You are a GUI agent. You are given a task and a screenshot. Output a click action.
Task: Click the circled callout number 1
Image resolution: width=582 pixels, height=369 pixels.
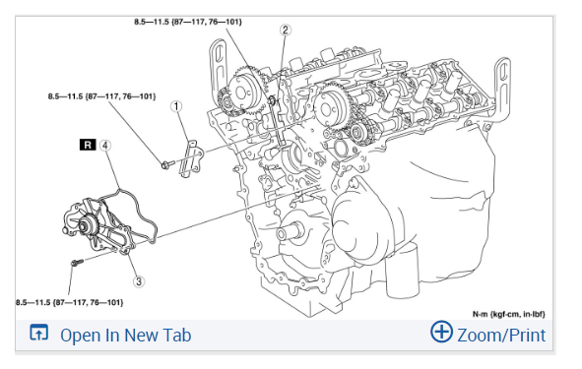point(176,106)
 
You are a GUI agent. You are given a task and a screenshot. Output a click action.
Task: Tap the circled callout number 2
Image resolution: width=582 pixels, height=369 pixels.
point(285,31)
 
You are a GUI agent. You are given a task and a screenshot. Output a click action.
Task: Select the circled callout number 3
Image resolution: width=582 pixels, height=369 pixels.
point(139,281)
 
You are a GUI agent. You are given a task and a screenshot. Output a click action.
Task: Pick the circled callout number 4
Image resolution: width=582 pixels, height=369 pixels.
point(105,145)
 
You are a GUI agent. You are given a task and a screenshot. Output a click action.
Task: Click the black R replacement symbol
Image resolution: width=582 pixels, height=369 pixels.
point(88,145)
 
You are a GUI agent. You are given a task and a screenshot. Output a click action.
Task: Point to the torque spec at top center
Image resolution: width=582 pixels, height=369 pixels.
point(188,22)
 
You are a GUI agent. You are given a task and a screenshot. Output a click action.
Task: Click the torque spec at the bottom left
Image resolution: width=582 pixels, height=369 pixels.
point(69,302)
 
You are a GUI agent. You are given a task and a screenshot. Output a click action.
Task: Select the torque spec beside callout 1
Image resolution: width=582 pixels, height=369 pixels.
point(101,96)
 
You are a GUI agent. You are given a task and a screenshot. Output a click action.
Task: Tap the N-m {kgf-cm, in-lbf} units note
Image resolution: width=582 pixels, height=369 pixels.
point(508,314)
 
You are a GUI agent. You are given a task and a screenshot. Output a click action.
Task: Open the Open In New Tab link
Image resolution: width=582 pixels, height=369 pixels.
point(125,336)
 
